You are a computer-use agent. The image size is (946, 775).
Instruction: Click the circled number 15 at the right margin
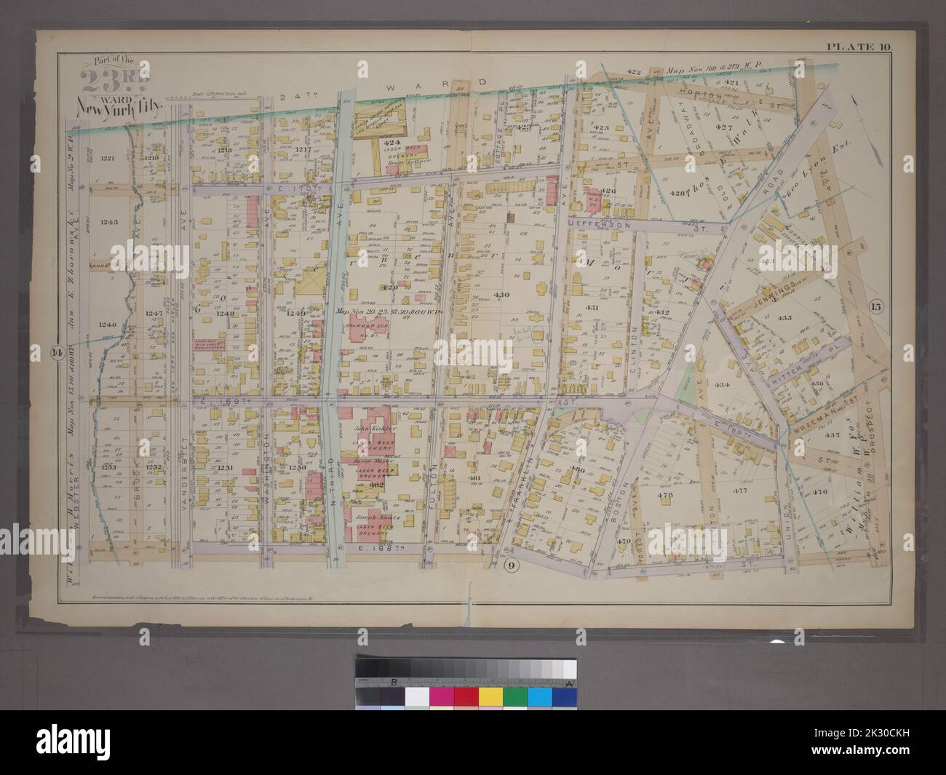[875, 306]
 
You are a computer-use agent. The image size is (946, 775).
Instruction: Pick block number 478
[667, 496]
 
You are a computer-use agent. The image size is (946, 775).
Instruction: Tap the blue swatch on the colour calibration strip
[538, 696]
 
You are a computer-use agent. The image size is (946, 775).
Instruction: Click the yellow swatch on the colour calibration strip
[489, 696]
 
